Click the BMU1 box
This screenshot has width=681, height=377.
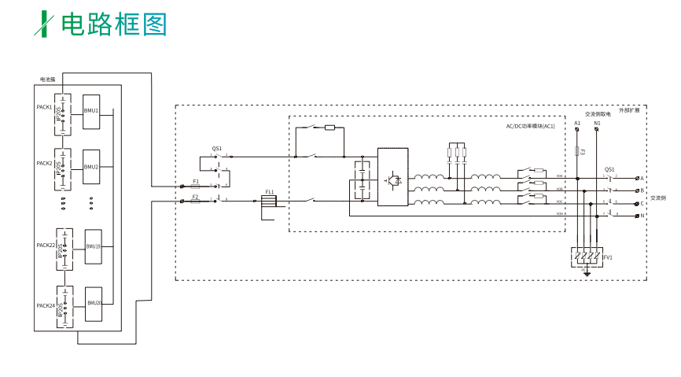coord(92,110)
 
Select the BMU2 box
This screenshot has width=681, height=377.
coord(92,167)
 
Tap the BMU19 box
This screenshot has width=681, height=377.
coord(94,246)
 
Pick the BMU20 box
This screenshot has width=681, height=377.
coord(94,303)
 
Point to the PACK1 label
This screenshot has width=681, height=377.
coord(44,107)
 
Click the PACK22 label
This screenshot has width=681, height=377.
coord(46,246)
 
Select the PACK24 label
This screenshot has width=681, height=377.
coord(46,305)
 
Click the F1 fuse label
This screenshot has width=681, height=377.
coord(196,181)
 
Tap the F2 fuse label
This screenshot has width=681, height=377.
coord(196,196)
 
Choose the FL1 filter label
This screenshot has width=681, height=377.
coord(269,192)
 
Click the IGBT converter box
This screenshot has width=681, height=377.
coord(392,177)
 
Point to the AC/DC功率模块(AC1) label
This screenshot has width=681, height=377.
coord(530,127)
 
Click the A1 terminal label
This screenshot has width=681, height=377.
coord(577,124)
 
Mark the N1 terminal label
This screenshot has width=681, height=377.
coord(597,124)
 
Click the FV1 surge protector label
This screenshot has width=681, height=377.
coord(608,257)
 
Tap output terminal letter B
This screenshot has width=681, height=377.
coord(642,190)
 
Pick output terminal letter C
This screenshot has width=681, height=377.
coord(642,202)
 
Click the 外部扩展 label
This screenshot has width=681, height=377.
coord(629,111)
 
